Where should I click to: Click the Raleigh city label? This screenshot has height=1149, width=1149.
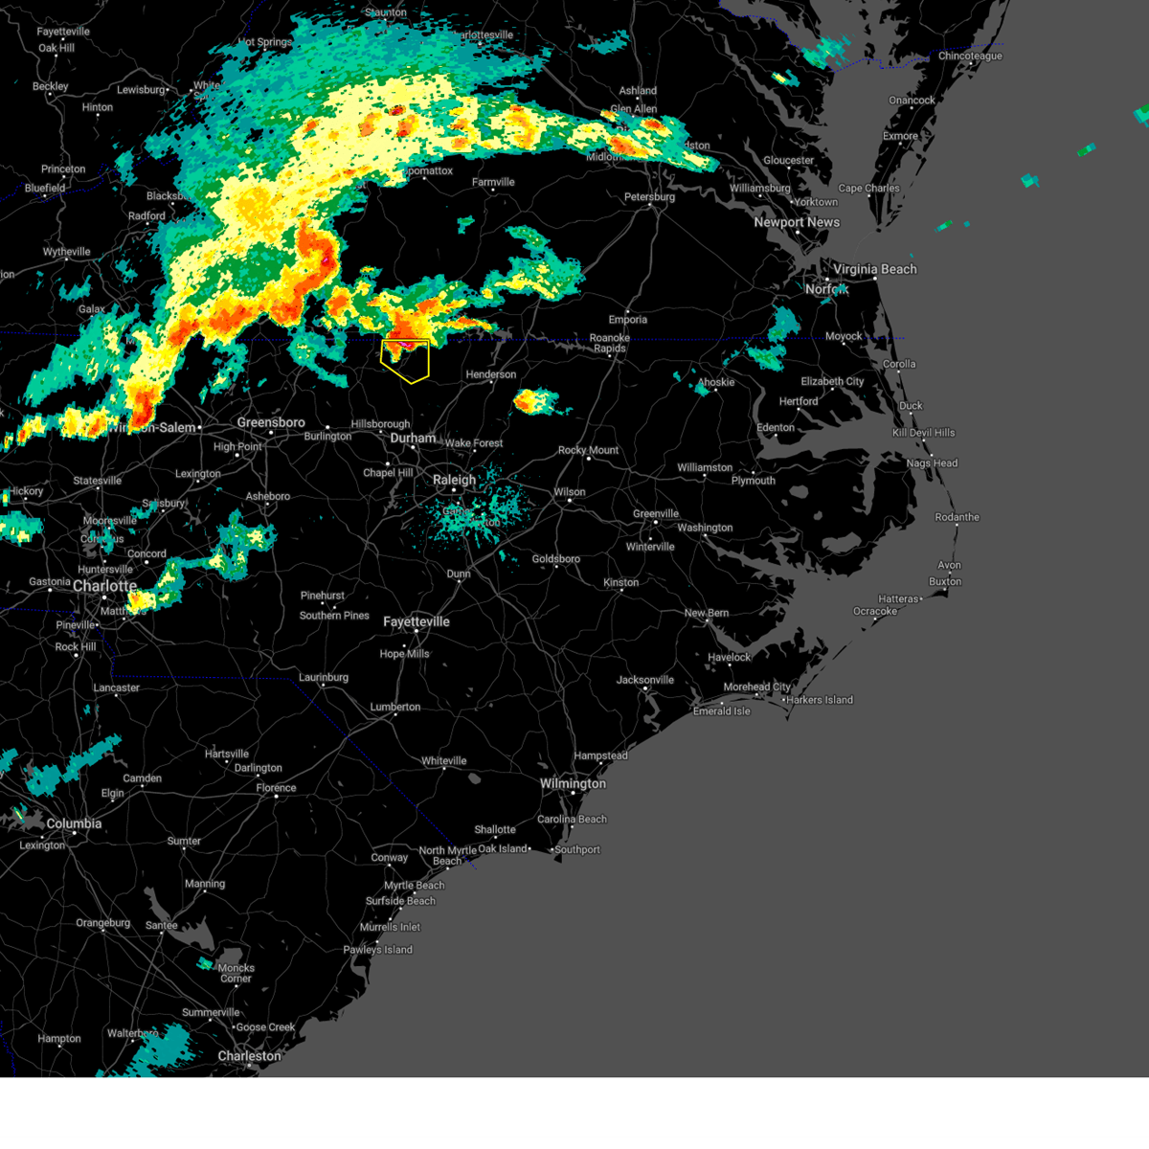click(454, 480)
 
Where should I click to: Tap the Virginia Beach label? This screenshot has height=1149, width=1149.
click(874, 269)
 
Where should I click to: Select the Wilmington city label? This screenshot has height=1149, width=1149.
click(573, 783)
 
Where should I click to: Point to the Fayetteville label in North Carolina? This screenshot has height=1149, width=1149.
click(417, 621)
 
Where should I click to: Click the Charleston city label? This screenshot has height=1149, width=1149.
click(249, 1056)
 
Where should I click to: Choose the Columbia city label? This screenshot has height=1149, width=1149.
click(74, 823)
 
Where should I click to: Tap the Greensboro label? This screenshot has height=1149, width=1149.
click(271, 422)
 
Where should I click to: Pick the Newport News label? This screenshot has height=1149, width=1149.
click(797, 222)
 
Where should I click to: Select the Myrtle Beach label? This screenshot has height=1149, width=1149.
click(415, 886)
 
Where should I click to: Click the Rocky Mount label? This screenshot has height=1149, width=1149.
click(588, 450)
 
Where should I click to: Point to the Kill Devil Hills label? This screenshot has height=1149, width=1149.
click(923, 433)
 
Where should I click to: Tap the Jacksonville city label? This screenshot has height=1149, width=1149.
click(645, 680)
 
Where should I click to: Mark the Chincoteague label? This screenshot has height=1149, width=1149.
click(970, 56)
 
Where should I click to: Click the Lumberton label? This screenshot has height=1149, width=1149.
click(395, 707)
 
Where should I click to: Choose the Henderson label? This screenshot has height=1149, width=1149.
click(491, 374)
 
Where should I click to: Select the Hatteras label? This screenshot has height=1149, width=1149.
click(898, 599)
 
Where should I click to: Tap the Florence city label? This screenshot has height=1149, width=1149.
click(276, 788)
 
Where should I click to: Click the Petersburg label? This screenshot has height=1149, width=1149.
click(649, 197)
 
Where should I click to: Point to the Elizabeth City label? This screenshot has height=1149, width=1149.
click(832, 381)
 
